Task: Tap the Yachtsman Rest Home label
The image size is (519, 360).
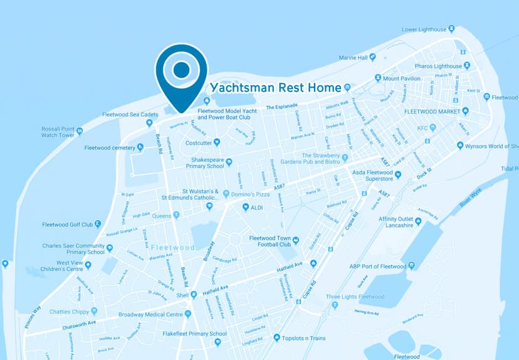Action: click(275, 88)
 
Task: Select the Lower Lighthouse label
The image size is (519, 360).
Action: click(424, 29)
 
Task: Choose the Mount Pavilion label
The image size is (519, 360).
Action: click(401, 79)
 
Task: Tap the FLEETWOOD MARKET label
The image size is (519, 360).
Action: click(432, 111)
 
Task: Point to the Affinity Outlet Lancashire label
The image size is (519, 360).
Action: click(404, 221)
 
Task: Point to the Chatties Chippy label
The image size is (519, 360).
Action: click(69, 310)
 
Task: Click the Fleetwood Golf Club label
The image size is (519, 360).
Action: click(67, 225)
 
